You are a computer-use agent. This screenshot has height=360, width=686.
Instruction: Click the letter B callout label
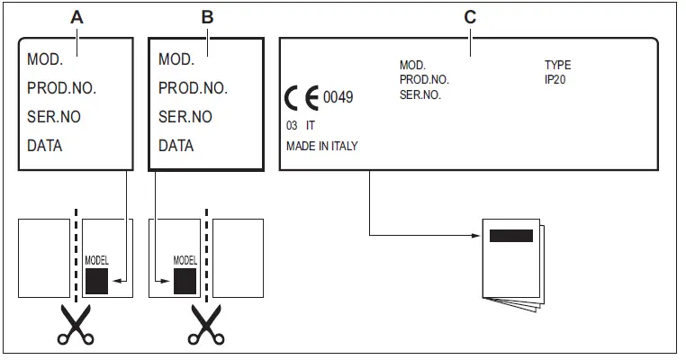(207, 16)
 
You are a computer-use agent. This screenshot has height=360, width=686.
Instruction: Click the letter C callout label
(469, 16)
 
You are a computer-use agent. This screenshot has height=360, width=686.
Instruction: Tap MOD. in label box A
(45, 60)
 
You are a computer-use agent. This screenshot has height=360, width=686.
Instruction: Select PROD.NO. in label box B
(193, 88)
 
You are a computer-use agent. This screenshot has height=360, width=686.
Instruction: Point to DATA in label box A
(45, 145)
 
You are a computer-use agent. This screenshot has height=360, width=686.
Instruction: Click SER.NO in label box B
(185, 117)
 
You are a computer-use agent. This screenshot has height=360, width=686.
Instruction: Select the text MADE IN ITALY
(321, 146)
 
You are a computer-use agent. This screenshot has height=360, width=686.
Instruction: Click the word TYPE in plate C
(557, 66)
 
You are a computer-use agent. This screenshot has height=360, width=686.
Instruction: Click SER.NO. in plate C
(420, 94)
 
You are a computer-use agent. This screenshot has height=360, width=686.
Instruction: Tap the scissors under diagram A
(74, 326)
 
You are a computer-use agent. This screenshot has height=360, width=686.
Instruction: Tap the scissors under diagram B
(205, 326)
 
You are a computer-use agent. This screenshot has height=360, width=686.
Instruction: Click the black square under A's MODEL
(96, 281)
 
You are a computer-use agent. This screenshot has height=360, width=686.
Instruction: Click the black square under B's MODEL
(185, 281)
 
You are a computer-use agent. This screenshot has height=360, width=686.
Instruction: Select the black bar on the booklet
(510, 237)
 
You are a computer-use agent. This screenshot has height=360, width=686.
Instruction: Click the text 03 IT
(300, 127)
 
